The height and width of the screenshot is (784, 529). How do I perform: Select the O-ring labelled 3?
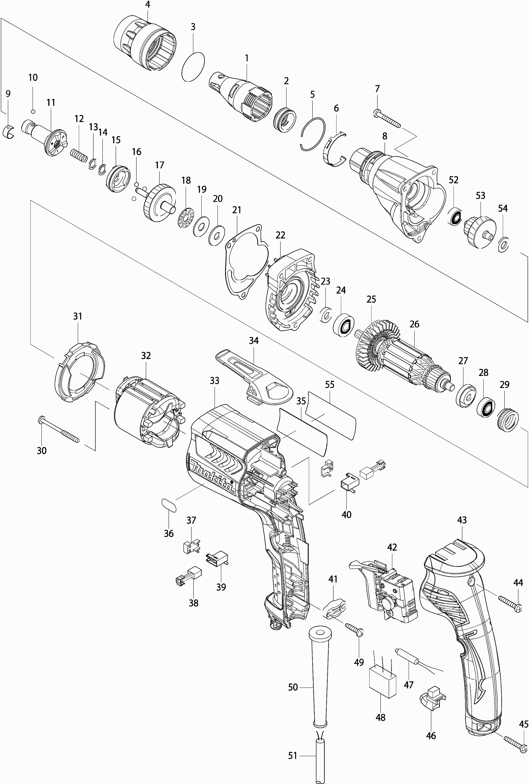tap(193, 67)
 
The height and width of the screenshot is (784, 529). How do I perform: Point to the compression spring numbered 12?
tap(79, 156)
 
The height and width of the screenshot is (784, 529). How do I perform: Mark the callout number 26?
tap(414, 324)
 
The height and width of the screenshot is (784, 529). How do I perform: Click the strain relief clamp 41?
tap(334, 608)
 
